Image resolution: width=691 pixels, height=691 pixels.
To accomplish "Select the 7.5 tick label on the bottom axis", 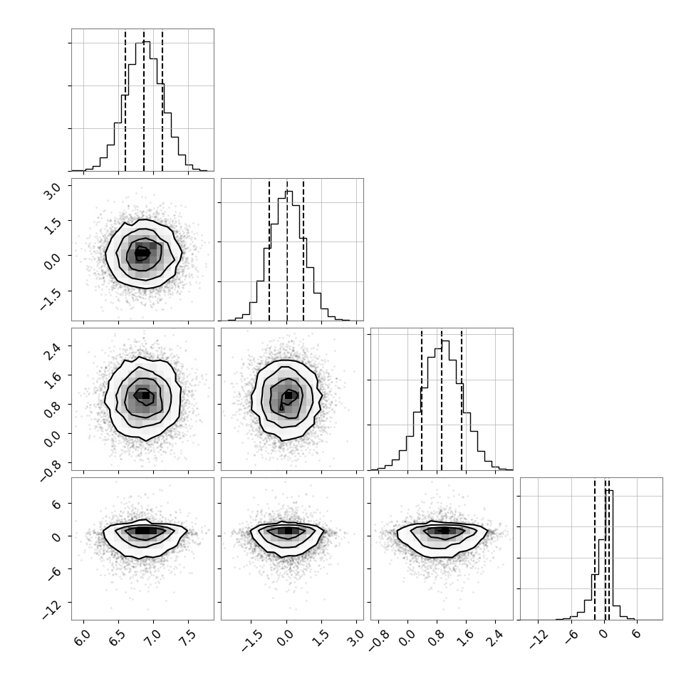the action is (187, 638).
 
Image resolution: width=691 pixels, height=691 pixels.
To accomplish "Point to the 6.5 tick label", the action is (118, 638).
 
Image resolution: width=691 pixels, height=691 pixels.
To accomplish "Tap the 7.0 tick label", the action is (152, 638).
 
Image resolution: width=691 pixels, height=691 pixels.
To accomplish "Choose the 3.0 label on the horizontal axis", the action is (355, 638).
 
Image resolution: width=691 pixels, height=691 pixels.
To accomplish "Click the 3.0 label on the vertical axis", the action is (52, 191).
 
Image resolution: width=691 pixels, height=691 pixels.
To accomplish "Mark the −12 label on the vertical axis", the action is (51, 611).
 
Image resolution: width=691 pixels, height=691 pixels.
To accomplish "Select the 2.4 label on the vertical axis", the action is (52, 352).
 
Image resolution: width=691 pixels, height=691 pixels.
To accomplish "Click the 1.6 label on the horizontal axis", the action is (465, 638).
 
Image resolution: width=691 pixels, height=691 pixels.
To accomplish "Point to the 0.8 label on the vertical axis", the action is (52, 410).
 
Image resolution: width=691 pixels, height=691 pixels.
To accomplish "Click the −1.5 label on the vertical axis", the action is (50, 300).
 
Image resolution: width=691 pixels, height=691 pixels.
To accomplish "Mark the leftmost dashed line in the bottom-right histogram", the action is (594, 549).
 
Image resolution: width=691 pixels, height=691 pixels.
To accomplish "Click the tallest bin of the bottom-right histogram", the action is (609, 555).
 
